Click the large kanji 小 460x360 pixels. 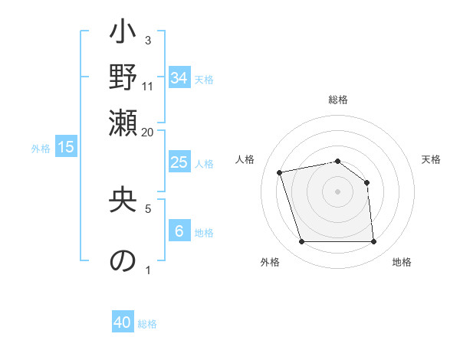point(123,34)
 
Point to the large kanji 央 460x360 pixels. point(123,201)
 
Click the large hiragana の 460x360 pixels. point(123,260)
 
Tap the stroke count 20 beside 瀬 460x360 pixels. point(148,132)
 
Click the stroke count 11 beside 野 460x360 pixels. point(148,86)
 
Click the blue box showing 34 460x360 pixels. point(179,78)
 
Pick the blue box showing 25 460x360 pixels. point(179,162)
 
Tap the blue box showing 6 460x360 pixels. point(179,231)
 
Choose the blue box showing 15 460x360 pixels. point(66,148)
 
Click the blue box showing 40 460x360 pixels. point(123,322)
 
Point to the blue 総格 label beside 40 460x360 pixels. point(147,324)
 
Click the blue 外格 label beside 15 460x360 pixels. point(41,149)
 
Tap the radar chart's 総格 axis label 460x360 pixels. point(338,100)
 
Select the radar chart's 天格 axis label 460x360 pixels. point(432,159)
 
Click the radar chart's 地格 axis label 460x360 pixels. point(402,262)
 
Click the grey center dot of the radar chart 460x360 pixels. point(338,191)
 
